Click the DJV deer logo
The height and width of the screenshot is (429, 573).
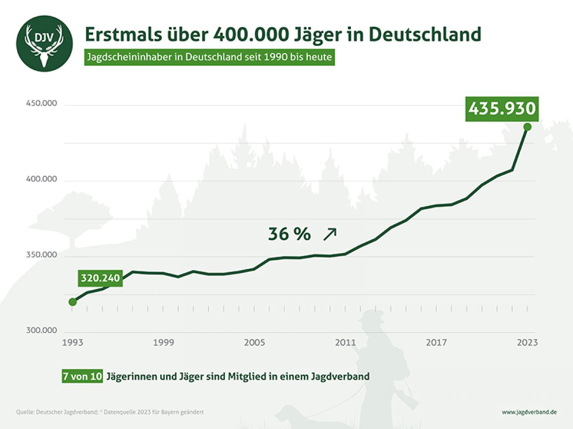[x=44, y=43]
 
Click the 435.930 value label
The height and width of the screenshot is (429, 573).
[x=502, y=109]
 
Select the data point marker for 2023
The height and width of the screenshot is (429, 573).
[x=527, y=127]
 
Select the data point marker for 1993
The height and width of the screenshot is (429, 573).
[x=73, y=302]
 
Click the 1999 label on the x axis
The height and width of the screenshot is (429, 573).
[x=164, y=343]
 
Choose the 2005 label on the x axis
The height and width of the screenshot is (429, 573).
[x=255, y=343]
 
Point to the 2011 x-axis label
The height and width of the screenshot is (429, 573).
[x=346, y=343]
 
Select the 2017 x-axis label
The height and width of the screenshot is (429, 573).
[x=436, y=343]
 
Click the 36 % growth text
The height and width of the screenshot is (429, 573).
[x=289, y=235]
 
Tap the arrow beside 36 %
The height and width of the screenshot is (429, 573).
[x=330, y=233]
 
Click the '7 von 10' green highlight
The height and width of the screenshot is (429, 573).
[x=82, y=376]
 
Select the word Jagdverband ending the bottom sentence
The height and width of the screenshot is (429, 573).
[x=340, y=376]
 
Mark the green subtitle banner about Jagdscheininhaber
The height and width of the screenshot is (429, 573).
[x=210, y=58]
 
